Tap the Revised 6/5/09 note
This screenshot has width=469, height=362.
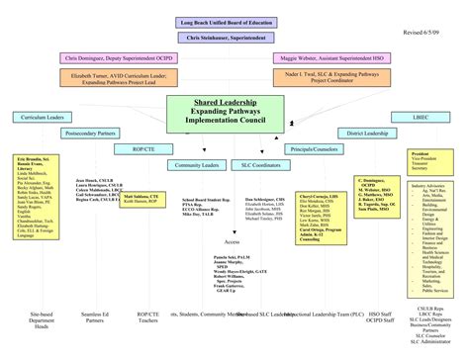(426, 32)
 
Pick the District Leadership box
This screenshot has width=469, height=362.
(366, 133)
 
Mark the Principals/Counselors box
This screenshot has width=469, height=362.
(314, 148)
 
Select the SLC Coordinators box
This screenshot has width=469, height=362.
(259, 165)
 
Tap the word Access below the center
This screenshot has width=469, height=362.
(233, 241)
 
